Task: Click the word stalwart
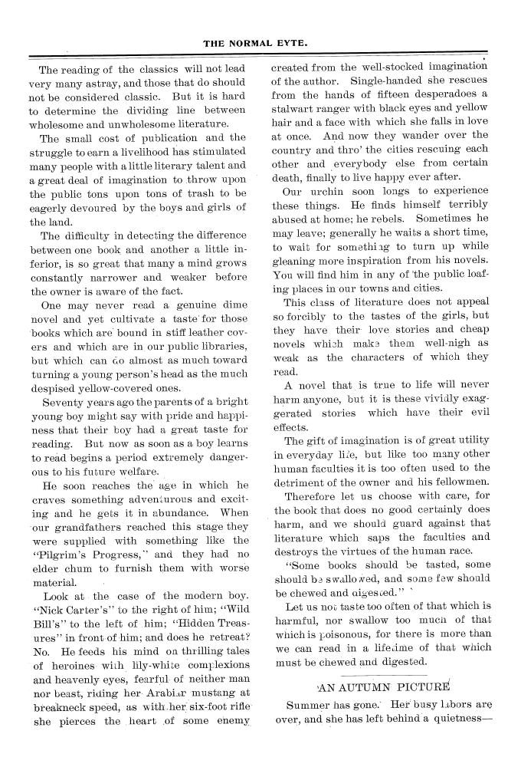click(x=301, y=109)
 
